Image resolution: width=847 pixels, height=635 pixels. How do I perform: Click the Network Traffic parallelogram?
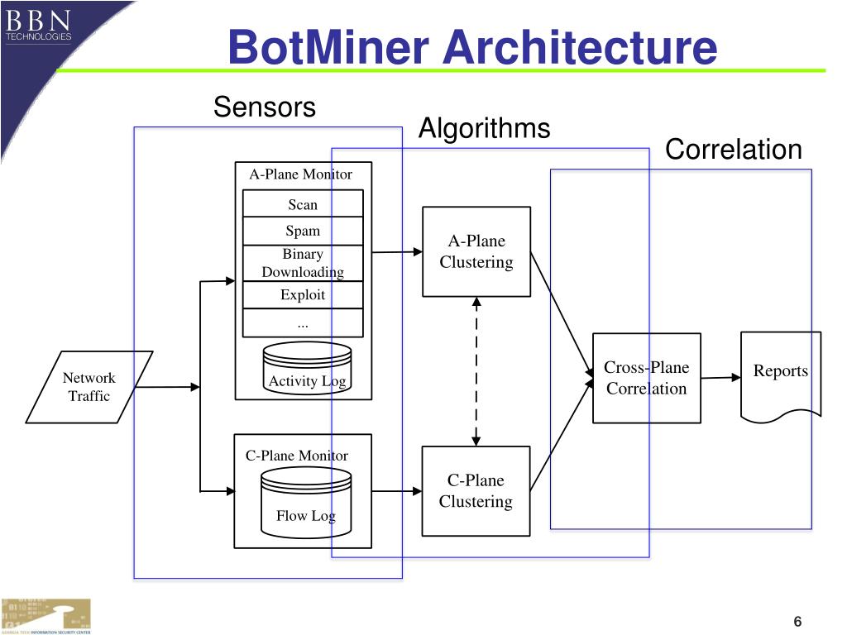[x=89, y=387]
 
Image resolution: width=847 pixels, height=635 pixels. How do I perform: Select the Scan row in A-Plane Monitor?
[x=303, y=203]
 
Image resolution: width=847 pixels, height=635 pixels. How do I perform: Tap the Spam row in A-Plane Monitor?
[x=303, y=232]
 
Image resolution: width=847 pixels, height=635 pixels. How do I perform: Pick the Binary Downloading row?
[x=303, y=263]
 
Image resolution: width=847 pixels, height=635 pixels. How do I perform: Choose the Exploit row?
[x=303, y=295]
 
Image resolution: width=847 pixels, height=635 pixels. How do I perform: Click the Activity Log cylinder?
[x=307, y=368]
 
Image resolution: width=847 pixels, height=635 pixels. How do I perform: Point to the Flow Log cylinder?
[x=306, y=503]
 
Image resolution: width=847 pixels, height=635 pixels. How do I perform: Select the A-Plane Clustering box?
[x=476, y=251]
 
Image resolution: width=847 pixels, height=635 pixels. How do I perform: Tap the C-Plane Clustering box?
[x=476, y=491]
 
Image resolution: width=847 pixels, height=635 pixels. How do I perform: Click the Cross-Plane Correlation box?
[x=647, y=378]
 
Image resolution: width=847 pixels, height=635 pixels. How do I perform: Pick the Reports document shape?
[x=781, y=376]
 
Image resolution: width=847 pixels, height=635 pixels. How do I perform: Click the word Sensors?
[x=264, y=107]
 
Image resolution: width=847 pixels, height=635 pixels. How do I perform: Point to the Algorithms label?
[x=485, y=128]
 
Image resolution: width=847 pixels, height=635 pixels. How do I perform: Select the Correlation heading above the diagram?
[x=733, y=149]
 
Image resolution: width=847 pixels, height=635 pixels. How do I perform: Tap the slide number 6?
[x=797, y=622]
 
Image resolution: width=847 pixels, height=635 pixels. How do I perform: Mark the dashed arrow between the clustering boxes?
[x=476, y=371]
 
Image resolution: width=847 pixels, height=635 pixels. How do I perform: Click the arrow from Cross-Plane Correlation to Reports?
[x=720, y=377]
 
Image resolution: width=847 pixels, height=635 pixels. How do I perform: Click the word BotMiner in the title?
[x=328, y=47]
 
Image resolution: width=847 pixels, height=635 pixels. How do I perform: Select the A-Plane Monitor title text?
[x=300, y=174]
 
